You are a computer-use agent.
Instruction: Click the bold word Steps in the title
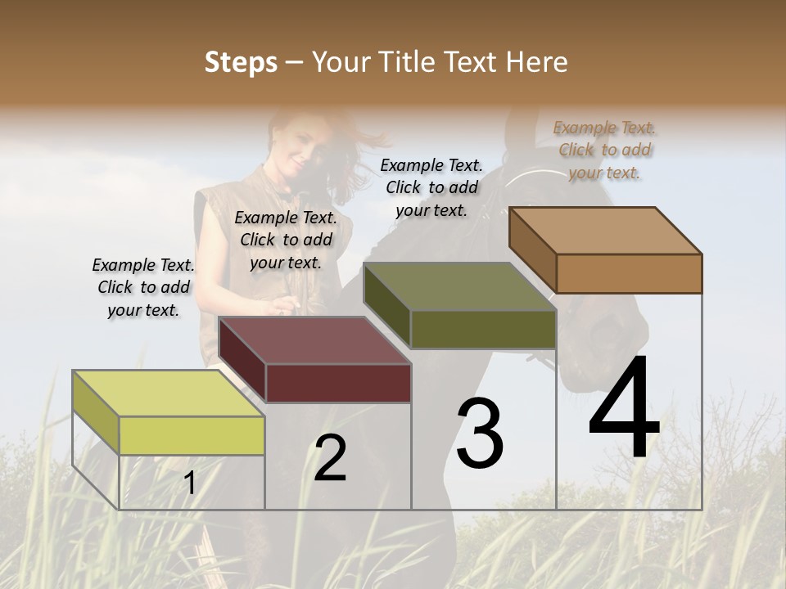(x=241, y=62)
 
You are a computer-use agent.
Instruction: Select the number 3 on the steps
(x=480, y=433)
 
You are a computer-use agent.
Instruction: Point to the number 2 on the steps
(x=330, y=459)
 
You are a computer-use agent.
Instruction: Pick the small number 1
(x=189, y=483)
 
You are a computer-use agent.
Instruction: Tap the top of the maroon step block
(x=315, y=339)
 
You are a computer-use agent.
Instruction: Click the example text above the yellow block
(x=143, y=287)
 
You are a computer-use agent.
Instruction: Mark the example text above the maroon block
(x=286, y=240)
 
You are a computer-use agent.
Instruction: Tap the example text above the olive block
(x=431, y=187)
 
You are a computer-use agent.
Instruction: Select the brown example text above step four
(x=605, y=150)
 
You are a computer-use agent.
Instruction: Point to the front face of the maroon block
(x=338, y=383)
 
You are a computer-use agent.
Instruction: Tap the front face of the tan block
(x=629, y=273)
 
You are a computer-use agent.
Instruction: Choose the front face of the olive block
(x=483, y=329)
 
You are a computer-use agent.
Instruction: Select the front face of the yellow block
(x=192, y=435)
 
